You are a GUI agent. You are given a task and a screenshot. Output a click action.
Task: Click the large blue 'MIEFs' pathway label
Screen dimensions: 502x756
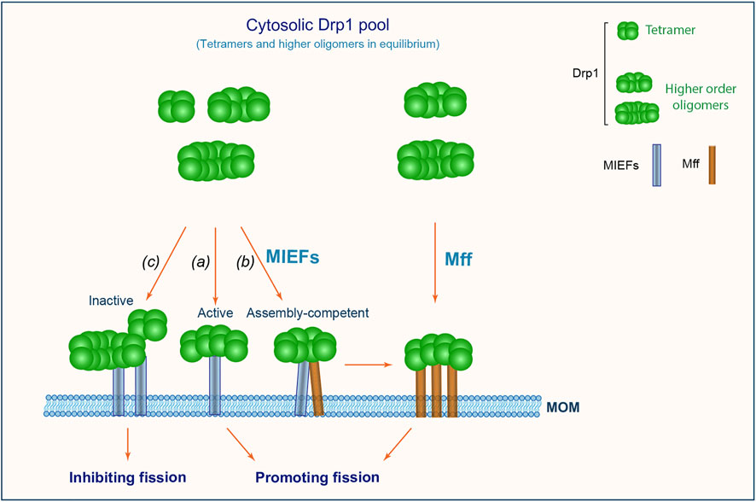pyautogui.click(x=291, y=258)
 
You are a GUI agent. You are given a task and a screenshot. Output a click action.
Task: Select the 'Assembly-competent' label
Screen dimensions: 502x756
pyautogui.click(x=307, y=313)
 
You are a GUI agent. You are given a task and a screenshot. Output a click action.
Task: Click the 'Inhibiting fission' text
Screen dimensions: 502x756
pyautogui.click(x=127, y=475)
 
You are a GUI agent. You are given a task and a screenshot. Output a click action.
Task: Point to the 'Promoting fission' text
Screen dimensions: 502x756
pyautogui.click(x=318, y=476)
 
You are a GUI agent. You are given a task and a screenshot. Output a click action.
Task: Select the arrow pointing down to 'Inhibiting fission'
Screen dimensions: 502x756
pyautogui.click(x=127, y=441)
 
